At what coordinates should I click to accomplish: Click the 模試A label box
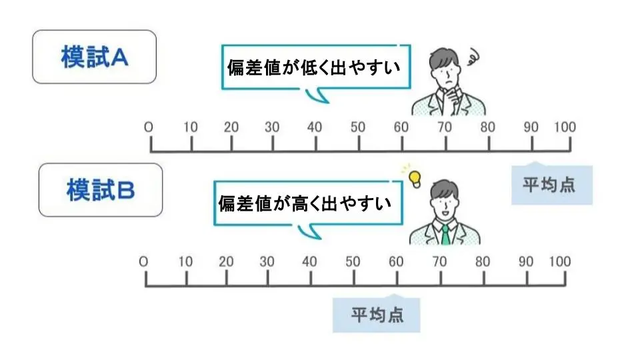pos(94,57)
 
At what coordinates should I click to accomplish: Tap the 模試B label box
pos(101,190)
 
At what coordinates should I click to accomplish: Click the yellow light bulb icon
pos(415,177)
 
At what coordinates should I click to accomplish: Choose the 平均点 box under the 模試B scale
pos(377,313)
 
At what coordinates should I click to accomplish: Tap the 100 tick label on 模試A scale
pos(564,127)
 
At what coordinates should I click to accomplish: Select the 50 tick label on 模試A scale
pos(358,127)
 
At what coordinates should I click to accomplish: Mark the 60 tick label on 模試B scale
pos(396,261)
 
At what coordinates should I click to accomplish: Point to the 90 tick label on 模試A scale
pos(531,127)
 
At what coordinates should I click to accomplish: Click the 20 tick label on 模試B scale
pos(227,261)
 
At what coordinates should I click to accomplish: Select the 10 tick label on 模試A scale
pos(191,127)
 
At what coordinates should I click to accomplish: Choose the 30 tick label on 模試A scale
pos(272,127)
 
